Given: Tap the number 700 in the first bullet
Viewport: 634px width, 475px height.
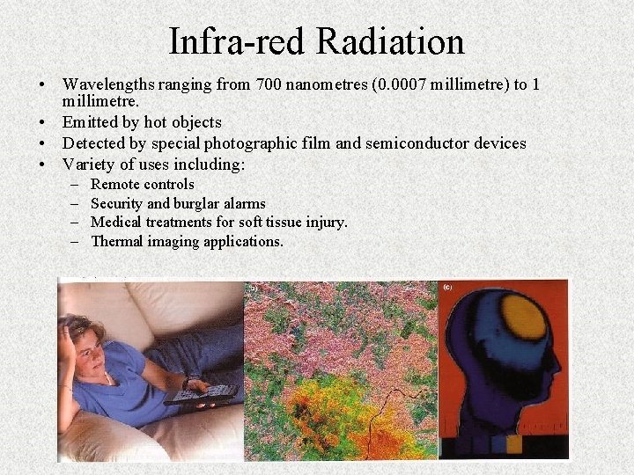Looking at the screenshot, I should coord(269,85).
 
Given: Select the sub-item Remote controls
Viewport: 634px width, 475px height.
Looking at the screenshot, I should coord(142,185).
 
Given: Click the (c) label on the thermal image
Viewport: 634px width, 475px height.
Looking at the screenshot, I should coord(448,287).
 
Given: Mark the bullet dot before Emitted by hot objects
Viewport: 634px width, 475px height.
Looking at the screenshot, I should coord(42,122).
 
